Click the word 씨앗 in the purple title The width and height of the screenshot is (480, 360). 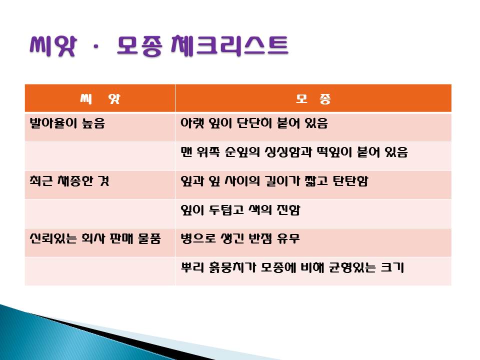(x=52, y=46)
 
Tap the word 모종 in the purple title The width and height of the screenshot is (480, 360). (x=139, y=46)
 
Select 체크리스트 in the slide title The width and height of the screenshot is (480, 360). (x=229, y=46)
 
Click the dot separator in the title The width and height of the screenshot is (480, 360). (x=96, y=47)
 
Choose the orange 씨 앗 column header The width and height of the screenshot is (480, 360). (x=100, y=98)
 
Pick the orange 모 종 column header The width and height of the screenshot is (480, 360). (x=313, y=98)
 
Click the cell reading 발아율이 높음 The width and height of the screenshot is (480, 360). (x=67, y=123)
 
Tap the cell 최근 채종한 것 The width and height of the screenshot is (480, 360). (x=69, y=180)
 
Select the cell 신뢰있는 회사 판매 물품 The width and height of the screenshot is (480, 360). (x=95, y=238)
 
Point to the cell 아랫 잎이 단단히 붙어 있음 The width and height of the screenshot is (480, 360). (x=254, y=123)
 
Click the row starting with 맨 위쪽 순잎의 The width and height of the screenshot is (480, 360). (x=294, y=152)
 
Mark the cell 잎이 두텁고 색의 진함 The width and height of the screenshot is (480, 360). (x=240, y=209)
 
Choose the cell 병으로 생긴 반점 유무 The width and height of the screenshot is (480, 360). (x=240, y=238)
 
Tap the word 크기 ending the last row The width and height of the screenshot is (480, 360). (x=392, y=267)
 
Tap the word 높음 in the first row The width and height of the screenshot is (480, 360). (x=93, y=123)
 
